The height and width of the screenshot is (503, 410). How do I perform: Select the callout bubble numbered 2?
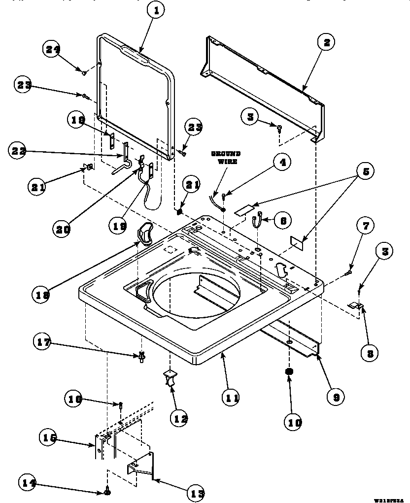(326, 42)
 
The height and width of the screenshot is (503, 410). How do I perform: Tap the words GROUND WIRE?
(226, 158)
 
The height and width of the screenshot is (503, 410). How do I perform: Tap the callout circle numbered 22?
(18, 151)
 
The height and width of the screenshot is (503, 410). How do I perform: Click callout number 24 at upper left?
(53, 49)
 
